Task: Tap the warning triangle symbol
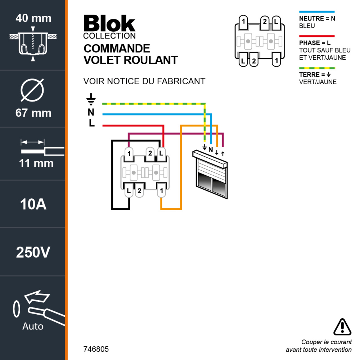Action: click(342, 327)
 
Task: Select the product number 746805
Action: click(96, 349)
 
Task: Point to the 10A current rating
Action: click(33, 204)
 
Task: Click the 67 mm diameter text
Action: click(33, 113)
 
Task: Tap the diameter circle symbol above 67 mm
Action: click(32, 89)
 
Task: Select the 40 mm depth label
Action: click(33, 18)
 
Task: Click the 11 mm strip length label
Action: click(36, 163)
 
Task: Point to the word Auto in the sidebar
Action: click(33, 327)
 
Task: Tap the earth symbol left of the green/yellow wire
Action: click(91, 100)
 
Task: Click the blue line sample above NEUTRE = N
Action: click(317, 12)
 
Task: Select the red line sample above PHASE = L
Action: click(317, 36)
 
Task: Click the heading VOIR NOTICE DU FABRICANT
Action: click(144, 81)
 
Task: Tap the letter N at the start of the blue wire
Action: click(91, 113)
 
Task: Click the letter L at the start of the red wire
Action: click(92, 123)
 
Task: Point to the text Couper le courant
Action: click(326, 342)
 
